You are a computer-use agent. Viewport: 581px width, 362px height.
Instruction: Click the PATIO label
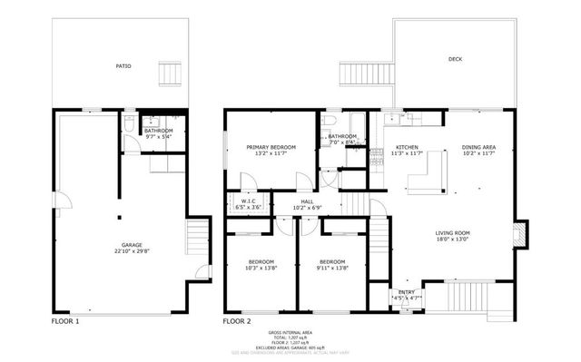(x=122, y=66)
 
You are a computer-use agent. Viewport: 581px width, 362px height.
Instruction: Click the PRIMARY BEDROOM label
(x=271, y=146)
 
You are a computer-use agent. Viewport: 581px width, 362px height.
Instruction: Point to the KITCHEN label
(x=407, y=147)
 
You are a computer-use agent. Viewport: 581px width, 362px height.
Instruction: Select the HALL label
(x=308, y=201)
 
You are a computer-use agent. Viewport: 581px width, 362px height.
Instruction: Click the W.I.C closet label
(x=248, y=201)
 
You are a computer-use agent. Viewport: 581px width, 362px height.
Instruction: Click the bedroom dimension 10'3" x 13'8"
(x=261, y=268)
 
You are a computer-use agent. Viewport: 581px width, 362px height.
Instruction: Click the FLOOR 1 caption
(x=64, y=321)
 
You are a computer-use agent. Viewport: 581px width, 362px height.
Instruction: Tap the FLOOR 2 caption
(x=238, y=321)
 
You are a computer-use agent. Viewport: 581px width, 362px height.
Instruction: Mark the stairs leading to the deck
(x=355, y=74)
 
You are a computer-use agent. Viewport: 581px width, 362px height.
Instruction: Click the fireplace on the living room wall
(x=519, y=234)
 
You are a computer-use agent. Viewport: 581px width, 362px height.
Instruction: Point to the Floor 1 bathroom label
(x=160, y=131)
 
